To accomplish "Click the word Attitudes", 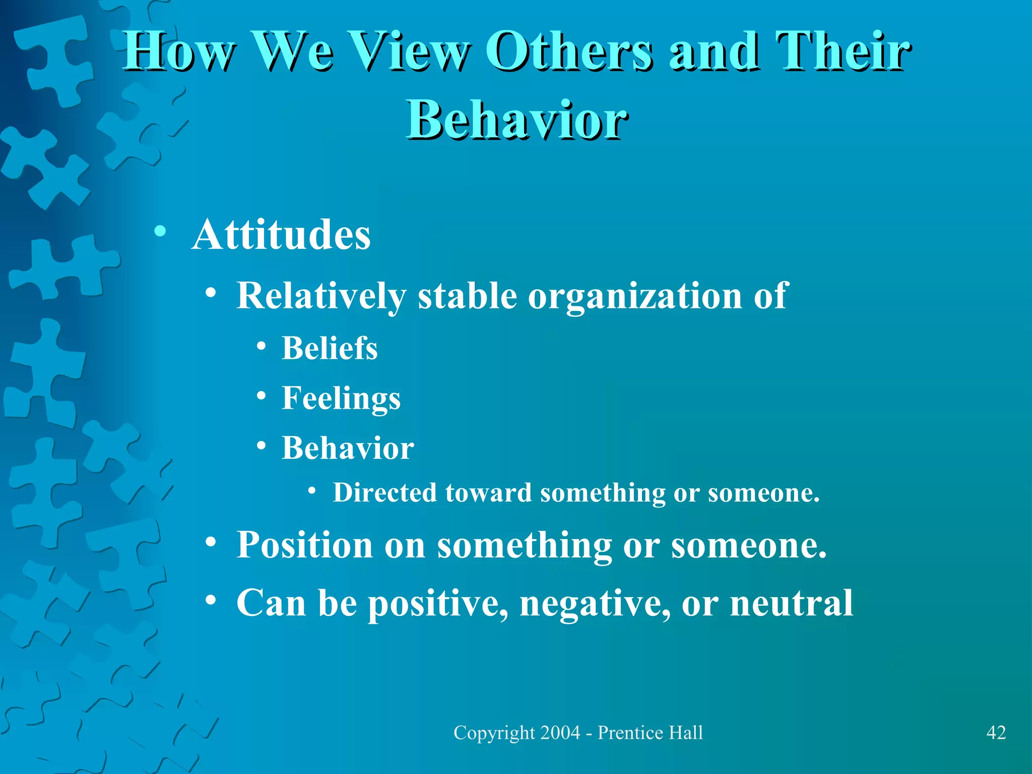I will tap(281, 235).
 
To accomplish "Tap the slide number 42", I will tap(996, 733).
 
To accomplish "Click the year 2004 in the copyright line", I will tap(560, 733).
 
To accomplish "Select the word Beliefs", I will tap(330, 348).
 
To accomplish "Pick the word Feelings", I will tap(341, 399).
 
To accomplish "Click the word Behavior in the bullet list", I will tap(348, 448).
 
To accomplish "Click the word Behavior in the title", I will tap(517, 120).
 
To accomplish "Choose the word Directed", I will tap(384, 493).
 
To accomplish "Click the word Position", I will tap(304, 545).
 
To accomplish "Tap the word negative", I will tap(595, 603).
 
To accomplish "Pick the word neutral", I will tap(791, 603).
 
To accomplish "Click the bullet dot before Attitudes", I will tap(160, 232).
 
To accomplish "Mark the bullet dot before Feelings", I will tap(261, 396).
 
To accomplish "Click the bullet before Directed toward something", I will tap(312, 490).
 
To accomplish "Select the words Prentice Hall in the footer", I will tap(650, 733).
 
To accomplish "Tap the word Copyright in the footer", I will tap(494, 733).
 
